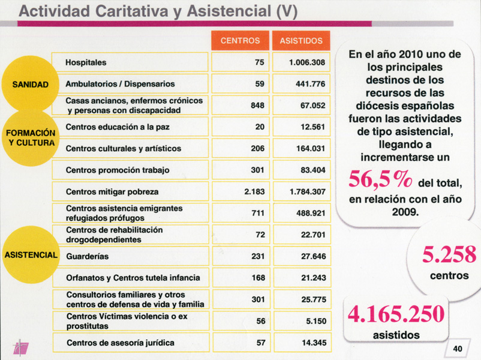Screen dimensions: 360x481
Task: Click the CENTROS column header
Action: coord(240,41)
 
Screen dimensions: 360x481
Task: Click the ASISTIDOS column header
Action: coord(300,41)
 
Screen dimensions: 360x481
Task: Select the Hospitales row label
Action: coord(86,62)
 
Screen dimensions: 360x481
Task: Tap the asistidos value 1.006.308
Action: coord(306,62)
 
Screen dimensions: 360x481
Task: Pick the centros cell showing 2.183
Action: coord(254,191)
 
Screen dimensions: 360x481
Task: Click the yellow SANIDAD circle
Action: coord(30,84)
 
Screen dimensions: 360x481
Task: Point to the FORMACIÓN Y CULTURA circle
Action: coord(30,137)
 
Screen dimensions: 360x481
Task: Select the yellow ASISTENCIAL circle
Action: coord(30,254)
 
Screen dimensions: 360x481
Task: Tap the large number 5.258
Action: coord(449,255)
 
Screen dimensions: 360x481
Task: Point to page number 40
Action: coord(458,349)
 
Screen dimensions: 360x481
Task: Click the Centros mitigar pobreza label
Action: coord(112,191)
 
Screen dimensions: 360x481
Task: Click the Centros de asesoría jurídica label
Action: coord(120,343)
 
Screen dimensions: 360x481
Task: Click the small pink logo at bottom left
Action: coord(21,347)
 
